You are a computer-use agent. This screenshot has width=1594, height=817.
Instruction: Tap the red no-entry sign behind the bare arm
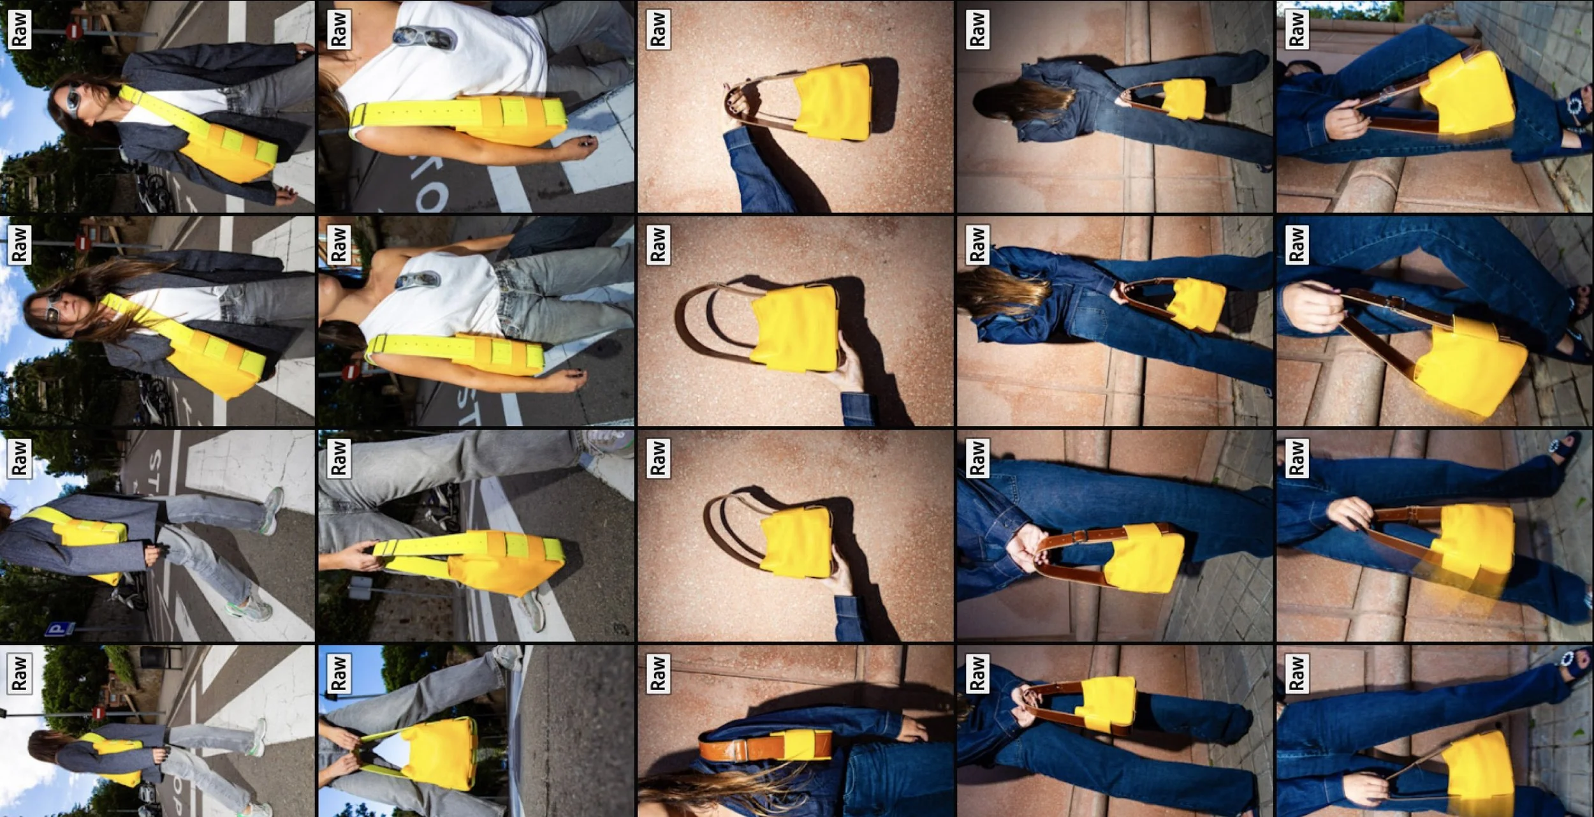pyautogui.click(x=349, y=372)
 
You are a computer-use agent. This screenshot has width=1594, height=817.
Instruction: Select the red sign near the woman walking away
pyautogui.click(x=98, y=712)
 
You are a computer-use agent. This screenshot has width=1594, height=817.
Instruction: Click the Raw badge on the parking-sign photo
pyautogui.click(x=19, y=458)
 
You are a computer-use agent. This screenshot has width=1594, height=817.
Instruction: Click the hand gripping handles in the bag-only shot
pyautogui.click(x=740, y=99)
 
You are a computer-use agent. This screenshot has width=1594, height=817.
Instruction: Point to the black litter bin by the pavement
pyautogui.click(x=152, y=657)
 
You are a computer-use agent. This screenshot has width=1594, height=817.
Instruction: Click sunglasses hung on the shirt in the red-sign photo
pyautogui.click(x=414, y=280)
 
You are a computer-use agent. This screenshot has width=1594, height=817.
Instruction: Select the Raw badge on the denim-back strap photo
pyautogui.click(x=657, y=673)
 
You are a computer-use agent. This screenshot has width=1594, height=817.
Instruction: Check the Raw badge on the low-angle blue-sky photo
pyautogui.click(x=338, y=673)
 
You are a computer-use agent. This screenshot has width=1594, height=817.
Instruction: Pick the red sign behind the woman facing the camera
pyautogui.click(x=82, y=243)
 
